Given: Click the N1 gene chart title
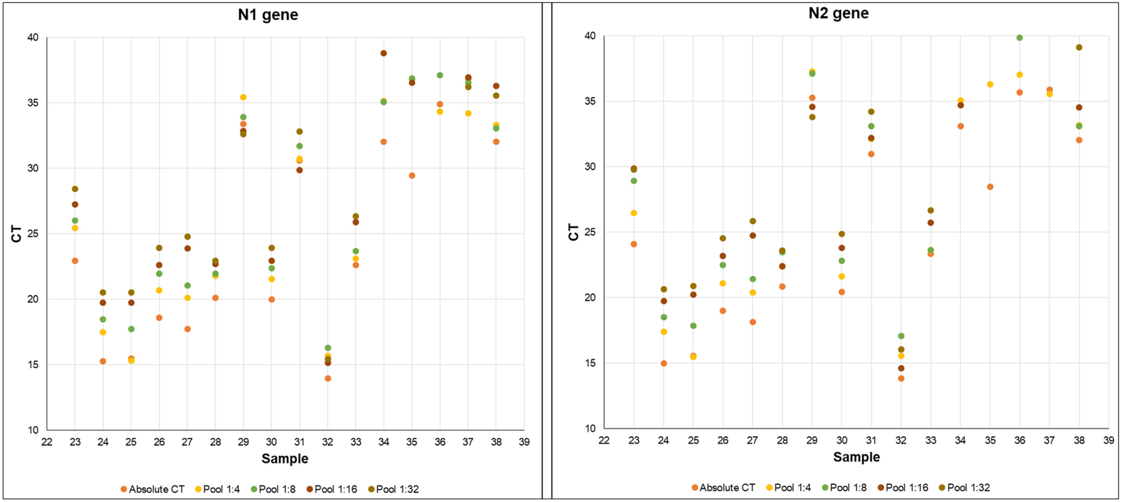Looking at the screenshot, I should tap(268, 15).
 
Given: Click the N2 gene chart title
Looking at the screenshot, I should tap(838, 13).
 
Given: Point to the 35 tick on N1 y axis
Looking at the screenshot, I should tap(33, 103).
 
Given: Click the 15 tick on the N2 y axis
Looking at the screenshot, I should tap(590, 363).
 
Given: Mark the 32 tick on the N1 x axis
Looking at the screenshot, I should tap(328, 442).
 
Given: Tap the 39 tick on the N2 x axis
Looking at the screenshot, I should tap(1109, 440).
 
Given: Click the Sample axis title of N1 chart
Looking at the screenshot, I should tap(285, 459).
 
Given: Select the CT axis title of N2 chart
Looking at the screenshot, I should tap(573, 232).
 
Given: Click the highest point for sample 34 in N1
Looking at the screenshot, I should tap(384, 53).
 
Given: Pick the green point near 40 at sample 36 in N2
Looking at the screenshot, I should tap(1020, 38).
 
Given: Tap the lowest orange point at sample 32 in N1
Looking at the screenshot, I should tap(328, 378).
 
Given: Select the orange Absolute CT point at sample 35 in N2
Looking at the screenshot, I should tap(990, 187).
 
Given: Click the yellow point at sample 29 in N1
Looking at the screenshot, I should tap(243, 97).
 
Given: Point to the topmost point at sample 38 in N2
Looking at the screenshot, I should tap(1079, 48).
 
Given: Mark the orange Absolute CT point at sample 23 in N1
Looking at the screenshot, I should tap(75, 261).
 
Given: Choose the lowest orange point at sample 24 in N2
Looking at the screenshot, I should tap(663, 364).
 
